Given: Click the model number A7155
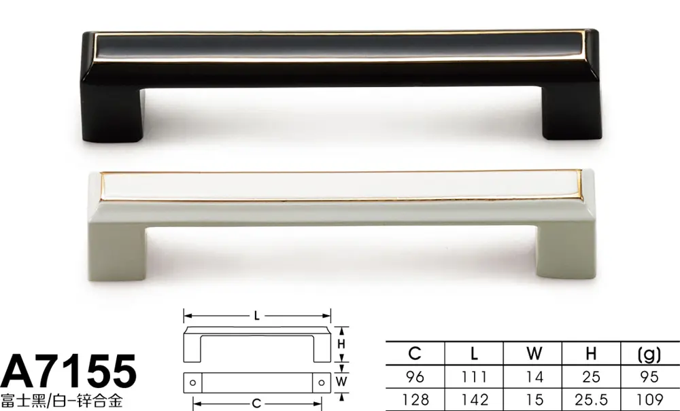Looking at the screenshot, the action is click(x=69, y=372).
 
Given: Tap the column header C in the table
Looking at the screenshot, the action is click(x=415, y=353).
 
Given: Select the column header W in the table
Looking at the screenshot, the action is click(x=534, y=353).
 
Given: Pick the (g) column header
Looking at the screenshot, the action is click(x=649, y=354).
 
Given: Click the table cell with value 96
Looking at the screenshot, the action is click(x=415, y=377).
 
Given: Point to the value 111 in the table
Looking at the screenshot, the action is click(x=474, y=377).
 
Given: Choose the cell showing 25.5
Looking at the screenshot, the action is click(x=591, y=399).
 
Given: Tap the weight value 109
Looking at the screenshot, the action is click(x=649, y=399).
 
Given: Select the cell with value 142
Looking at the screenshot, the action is click(x=475, y=399).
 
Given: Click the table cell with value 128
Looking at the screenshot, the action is click(x=415, y=399).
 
